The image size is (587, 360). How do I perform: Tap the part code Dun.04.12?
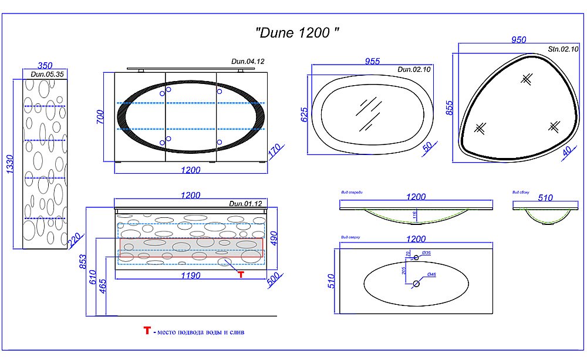pos(248,61)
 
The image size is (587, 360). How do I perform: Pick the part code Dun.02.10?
pos(414,69)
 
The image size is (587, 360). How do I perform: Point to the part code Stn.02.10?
pos(559,50)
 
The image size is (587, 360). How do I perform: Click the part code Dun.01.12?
pos(245,204)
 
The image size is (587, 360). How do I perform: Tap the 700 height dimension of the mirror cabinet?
pos(100,117)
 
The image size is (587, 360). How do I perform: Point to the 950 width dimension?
pos(518,41)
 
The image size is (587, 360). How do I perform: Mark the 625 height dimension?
pos(305,114)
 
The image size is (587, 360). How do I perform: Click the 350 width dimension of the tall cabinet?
pos(46,66)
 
